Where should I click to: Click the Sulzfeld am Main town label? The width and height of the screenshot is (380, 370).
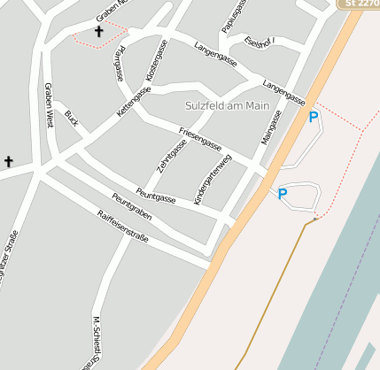(x=227, y=106)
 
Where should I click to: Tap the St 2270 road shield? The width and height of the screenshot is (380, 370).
(x=360, y=4)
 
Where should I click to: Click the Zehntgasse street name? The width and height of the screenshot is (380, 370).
(x=172, y=154)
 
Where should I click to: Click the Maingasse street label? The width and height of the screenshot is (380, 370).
(x=271, y=127)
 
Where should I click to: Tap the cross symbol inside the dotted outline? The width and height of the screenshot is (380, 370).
(x=98, y=33)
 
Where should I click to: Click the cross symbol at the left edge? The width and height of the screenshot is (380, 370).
(x=9, y=161)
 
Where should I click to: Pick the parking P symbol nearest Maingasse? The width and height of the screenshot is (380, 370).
(x=313, y=116)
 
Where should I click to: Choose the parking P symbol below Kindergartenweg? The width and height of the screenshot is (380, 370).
(x=283, y=194)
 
